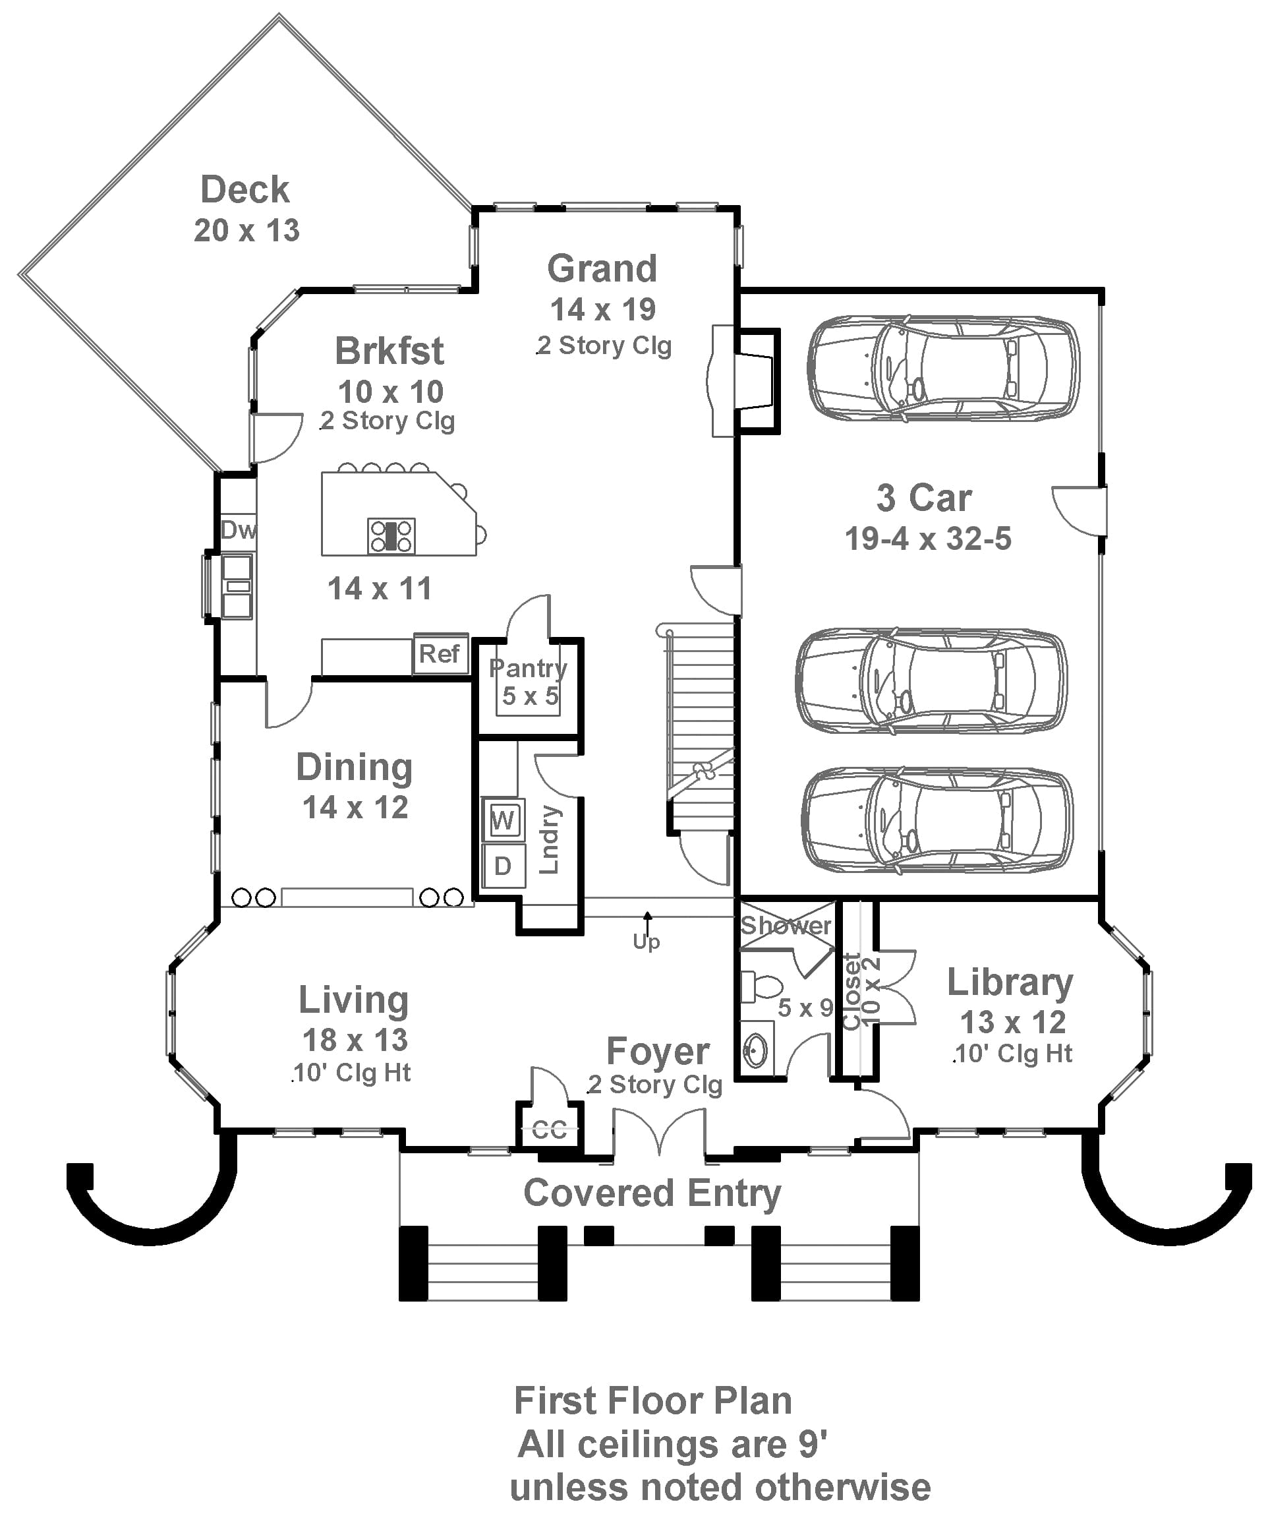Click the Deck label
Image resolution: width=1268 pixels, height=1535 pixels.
tap(245, 190)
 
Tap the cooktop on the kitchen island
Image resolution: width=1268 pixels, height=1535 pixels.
tap(391, 535)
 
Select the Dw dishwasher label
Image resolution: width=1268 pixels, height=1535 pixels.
tap(238, 529)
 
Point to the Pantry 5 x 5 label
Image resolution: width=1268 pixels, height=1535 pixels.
tap(528, 681)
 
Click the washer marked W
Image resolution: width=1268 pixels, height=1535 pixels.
tap(503, 819)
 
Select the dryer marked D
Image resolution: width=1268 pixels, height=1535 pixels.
tap(503, 866)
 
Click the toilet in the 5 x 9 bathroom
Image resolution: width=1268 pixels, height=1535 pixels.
tap(761, 987)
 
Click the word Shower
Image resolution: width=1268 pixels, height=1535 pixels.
tap(785, 926)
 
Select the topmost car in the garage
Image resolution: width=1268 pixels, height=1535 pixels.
tap(942, 368)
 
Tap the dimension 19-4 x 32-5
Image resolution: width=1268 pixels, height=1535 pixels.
tap(928, 539)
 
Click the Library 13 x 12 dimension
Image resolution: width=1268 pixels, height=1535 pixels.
tap(1012, 1022)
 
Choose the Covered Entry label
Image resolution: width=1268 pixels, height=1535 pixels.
tap(652, 1193)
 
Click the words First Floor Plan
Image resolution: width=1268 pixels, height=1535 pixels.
tap(652, 1400)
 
